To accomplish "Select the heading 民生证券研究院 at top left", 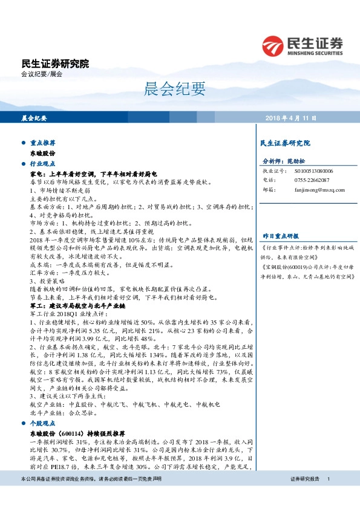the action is click(54, 63).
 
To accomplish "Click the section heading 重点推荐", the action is click(42, 144).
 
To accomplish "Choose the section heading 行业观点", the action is click(42, 164).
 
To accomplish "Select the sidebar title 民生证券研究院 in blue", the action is click(284, 144).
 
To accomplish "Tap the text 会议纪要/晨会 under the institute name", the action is click(42, 74).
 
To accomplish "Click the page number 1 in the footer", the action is click(328, 496).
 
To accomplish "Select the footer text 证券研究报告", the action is click(305, 496).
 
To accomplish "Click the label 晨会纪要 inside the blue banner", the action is click(34, 118).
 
